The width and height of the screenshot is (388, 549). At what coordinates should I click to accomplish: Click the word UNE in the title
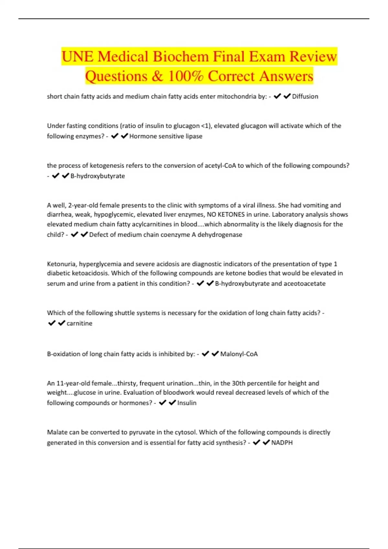tap(77, 57)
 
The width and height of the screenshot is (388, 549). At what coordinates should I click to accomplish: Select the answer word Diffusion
tap(305, 97)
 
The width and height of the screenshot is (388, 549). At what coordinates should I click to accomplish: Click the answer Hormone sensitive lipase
tap(166, 136)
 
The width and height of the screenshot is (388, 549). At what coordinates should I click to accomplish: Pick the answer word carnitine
tap(79, 323)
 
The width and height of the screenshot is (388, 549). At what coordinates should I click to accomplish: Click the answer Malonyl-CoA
tap(239, 354)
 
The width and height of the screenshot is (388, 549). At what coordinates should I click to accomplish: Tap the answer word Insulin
tap(187, 403)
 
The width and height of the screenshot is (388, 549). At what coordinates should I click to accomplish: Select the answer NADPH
tap(282, 443)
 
